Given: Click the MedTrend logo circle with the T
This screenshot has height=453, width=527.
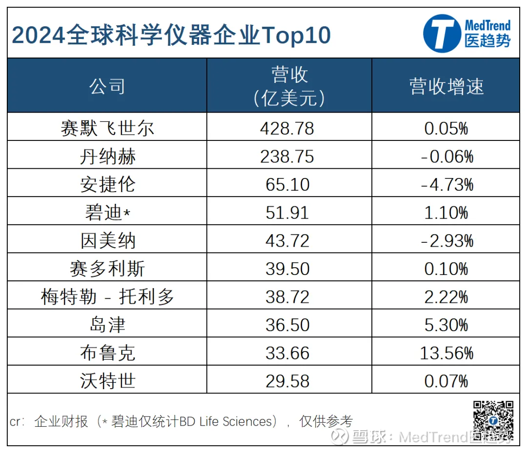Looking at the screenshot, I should [442, 33].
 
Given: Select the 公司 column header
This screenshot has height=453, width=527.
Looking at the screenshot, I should [107, 86].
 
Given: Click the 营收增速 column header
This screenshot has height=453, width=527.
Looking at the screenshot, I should [446, 86].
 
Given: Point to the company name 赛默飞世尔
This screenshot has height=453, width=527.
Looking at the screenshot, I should [107, 128].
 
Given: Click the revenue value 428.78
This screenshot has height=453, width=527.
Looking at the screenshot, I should [287, 128].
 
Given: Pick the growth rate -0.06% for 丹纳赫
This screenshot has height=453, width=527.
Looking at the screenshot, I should [446, 157].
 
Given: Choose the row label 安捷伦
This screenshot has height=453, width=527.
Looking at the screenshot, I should [107, 185].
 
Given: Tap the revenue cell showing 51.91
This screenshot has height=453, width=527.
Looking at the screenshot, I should [287, 213].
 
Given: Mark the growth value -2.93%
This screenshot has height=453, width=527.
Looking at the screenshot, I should [446, 241].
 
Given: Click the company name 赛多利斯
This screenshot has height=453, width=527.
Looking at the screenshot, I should [107, 269].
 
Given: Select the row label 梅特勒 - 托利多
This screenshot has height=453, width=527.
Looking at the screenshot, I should [107, 297].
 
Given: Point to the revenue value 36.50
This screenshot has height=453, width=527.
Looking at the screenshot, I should [287, 325].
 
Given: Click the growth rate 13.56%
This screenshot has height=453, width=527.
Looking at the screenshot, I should [446, 353].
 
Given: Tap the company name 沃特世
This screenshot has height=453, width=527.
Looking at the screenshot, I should [107, 381].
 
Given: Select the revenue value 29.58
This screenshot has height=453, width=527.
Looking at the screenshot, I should [287, 381].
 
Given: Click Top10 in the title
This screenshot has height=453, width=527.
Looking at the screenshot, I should [297, 35].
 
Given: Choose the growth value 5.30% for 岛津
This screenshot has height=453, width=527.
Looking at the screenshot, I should [446, 325].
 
